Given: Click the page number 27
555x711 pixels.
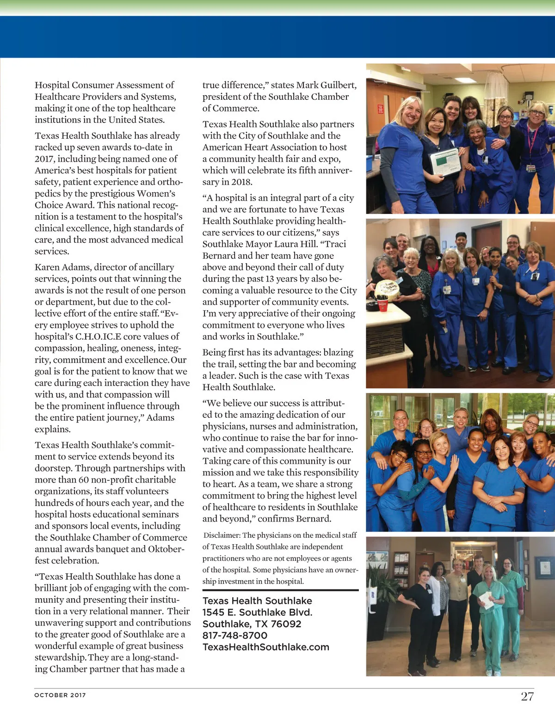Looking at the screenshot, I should [527, 696].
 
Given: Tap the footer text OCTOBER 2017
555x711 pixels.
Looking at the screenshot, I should [60, 695].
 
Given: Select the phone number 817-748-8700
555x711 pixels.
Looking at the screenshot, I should [235, 636].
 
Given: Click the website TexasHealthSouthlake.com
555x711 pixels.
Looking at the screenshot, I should [266, 647].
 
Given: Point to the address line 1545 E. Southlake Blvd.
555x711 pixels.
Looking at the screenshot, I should [257, 613].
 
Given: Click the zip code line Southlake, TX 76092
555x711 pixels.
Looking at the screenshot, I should [252, 624].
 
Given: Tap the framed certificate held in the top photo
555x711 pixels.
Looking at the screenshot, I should [445, 162].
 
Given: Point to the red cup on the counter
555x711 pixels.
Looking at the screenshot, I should [383, 305].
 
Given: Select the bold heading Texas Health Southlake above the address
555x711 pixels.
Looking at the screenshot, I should [257, 601].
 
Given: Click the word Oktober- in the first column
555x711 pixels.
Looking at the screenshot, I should [166, 549].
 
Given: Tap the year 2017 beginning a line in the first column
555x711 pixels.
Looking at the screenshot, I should [44, 159].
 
